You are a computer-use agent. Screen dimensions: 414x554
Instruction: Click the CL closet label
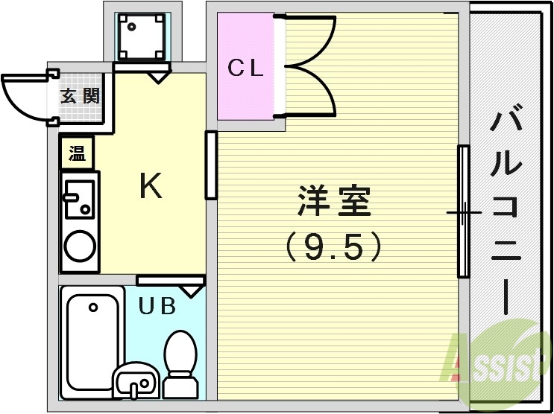[246, 69]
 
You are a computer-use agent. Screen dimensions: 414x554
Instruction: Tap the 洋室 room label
[334, 201]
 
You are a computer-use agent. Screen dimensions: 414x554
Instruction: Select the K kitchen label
[151, 187]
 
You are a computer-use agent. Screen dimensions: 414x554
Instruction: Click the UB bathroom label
[157, 305]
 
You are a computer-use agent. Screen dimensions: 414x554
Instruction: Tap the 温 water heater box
[77, 153]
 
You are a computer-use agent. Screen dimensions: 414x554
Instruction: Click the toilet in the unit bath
[179, 361]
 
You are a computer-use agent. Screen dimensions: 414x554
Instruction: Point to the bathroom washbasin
[134, 381]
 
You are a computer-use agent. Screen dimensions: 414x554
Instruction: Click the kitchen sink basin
[78, 198]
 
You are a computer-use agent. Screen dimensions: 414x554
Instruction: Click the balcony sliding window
[463, 212]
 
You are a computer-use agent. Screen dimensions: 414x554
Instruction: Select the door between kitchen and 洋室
[211, 165]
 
